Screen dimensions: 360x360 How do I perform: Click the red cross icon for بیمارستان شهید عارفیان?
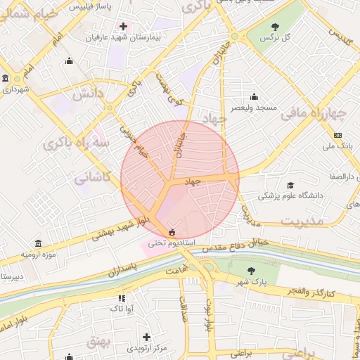click(x=124, y=26)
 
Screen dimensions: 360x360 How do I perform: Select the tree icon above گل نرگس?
click(x=274, y=27)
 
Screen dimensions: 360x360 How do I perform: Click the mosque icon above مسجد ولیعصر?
click(x=253, y=97)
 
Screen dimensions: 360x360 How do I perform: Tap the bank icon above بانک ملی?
click(x=337, y=135)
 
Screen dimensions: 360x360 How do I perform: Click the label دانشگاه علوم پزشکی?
click(x=290, y=196)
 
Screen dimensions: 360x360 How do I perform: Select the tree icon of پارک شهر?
click(x=251, y=270)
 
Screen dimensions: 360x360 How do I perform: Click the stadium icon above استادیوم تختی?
click(x=172, y=232)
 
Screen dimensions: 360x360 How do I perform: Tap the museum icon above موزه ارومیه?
click(x=38, y=243)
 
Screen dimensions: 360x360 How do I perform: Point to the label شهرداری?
click(x=15, y=90)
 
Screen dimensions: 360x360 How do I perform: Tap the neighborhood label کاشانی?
click(x=94, y=177)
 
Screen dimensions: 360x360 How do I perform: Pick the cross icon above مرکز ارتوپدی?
click(x=146, y=337)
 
